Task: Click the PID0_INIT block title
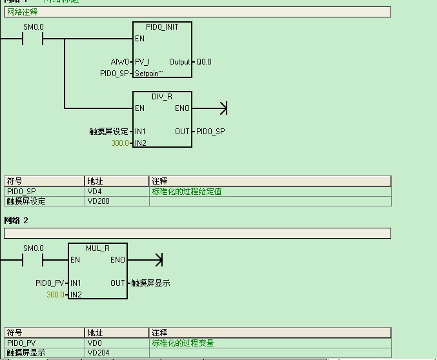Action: (162, 27)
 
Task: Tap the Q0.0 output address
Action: (204, 62)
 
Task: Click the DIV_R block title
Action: (162, 96)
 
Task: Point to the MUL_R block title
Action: (97, 248)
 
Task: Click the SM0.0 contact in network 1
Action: (33, 39)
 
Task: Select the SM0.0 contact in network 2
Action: (33, 260)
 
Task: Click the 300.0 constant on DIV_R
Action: (120, 143)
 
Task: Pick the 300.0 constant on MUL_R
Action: (56, 294)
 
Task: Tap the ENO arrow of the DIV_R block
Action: (223, 108)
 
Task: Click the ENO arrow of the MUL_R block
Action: (158, 260)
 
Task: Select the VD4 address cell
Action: (93, 192)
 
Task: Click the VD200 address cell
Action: (97, 201)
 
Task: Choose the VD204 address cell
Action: (97, 353)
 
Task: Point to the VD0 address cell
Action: (93, 343)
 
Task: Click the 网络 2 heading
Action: (17, 221)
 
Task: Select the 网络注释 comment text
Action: (23, 12)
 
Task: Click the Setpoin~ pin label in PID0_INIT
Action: (148, 74)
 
